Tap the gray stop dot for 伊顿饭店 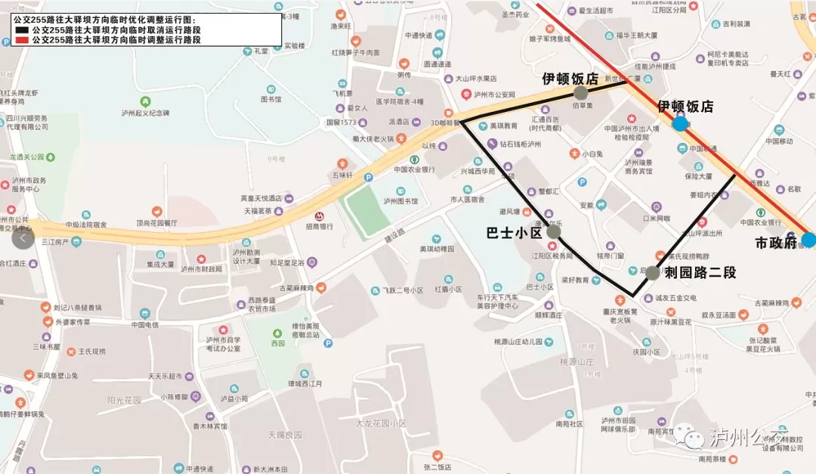pos(580,93)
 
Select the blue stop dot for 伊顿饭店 pos(680,123)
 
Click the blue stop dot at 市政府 pos(808,240)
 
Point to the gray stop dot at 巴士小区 pos(553,232)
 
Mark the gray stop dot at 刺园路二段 pos(653,273)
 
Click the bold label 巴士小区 pos(514,233)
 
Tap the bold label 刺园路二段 pos(700,273)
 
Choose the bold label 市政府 pos(777,243)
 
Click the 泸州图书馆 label pos(400,201)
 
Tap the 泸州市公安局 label pos(495,94)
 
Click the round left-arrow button pos(23,238)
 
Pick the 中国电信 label pos(144,325)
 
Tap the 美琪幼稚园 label pos(437,249)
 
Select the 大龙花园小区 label pos(382,423)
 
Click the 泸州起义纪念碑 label pos(145,113)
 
